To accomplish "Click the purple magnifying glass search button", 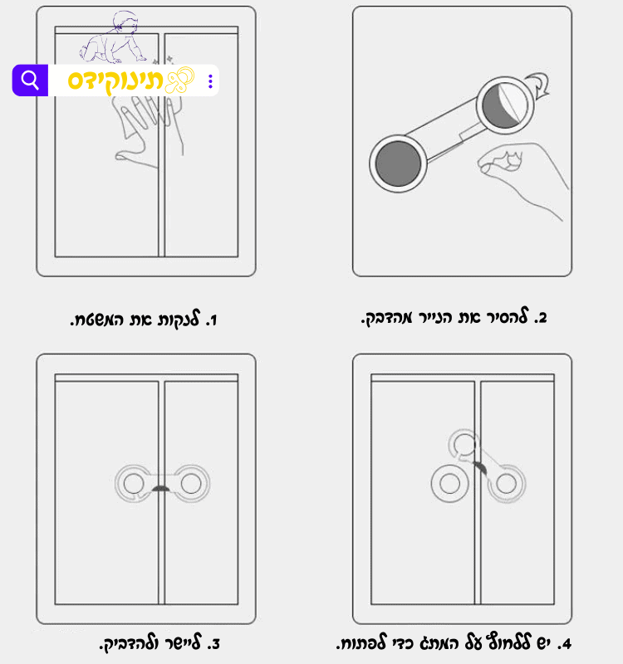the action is coord(30,80).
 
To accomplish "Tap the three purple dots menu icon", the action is coord(210,81).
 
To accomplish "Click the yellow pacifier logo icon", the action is coord(179,80).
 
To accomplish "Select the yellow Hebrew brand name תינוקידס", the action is coord(115,81).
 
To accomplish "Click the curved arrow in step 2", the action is coord(540,85).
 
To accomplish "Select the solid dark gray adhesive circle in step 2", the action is coord(398,164).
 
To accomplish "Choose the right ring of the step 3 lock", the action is coord(191,484).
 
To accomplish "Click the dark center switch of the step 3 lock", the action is coord(160,489).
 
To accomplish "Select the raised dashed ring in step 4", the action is coord(464,445).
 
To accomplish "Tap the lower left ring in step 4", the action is coord(449,484).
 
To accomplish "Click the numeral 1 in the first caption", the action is coord(213,320).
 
